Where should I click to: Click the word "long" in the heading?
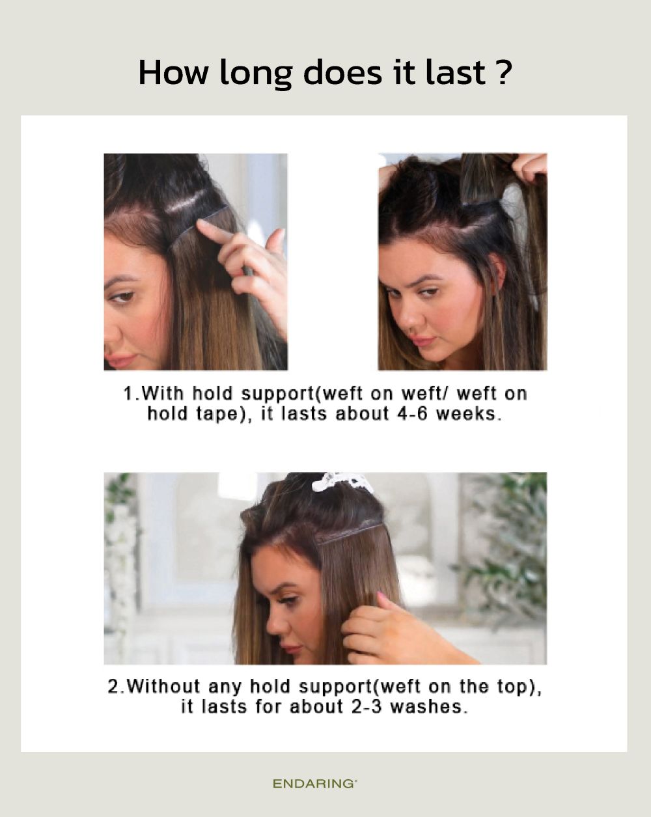pos(256,74)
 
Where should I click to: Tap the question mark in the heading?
pos(504,72)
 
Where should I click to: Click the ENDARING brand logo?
pos(314,784)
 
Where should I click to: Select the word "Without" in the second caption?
pos(163,686)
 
